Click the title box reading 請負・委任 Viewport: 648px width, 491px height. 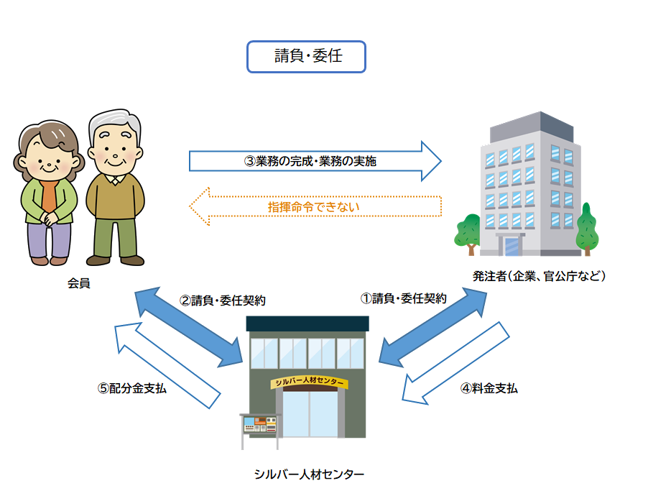click(x=307, y=57)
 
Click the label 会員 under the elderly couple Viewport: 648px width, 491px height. click(x=79, y=283)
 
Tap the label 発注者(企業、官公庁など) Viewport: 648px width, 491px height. click(x=539, y=276)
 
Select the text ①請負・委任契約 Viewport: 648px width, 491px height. click(x=404, y=298)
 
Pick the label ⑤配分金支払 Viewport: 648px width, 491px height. click(x=132, y=388)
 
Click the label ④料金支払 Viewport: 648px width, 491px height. click(x=489, y=388)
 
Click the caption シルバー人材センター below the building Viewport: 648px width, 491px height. click(x=309, y=474)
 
